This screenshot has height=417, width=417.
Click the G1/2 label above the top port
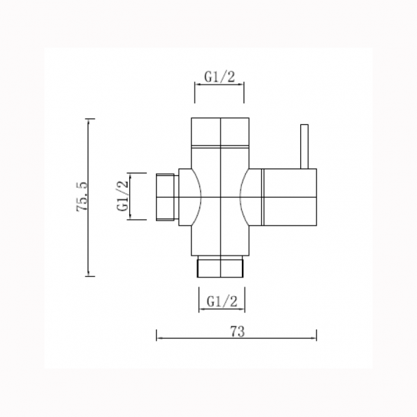click(x=219, y=77)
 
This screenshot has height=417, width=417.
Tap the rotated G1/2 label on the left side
click(x=123, y=196)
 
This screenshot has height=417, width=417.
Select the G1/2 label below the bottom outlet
click(x=221, y=300)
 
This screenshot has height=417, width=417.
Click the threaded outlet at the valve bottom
click(x=220, y=267)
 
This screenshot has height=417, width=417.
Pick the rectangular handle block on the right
click(x=290, y=196)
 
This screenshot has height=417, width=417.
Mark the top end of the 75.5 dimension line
click(x=90, y=119)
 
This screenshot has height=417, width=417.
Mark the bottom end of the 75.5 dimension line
click(x=90, y=275)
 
